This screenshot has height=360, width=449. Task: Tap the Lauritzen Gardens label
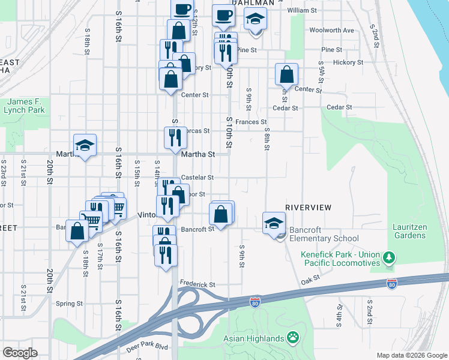pyautogui.click(x=410, y=231)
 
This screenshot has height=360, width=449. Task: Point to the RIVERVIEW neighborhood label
pyautogui.click(x=309, y=207)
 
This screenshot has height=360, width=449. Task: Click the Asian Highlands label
pyautogui.click(x=254, y=338)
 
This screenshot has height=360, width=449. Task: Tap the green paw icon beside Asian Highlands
pyautogui.click(x=294, y=337)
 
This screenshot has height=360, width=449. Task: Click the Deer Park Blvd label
pyautogui.click(x=146, y=347)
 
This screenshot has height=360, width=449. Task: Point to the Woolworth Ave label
pyautogui.click(x=331, y=30)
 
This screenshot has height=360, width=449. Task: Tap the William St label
pyautogui.click(x=302, y=11)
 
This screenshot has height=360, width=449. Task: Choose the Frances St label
pyautogui.click(x=250, y=122)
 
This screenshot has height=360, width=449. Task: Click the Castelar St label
pyautogui.click(x=197, y=178)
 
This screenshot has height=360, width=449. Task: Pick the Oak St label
pyautogui.click(x=310, y=280)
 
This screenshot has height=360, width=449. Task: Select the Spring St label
pyautogui.click(x=69, y=304)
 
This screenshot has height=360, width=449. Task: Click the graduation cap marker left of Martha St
pyautogui.click(x=85, y=146)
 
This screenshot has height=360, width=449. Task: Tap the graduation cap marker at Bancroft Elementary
pyautogui.click(x=273, y=223)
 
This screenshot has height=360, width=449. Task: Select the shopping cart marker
pyautogui.click(x=91, y=220)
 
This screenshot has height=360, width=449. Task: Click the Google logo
pyautogui.click(x=20, y=353)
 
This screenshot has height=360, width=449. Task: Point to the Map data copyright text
pyautogui.click(x=411, y=355)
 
